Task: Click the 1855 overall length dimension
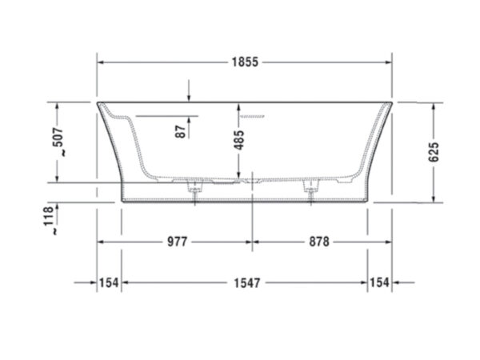245,62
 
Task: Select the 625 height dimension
434,152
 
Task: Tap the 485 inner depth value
239,140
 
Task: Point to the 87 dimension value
182,131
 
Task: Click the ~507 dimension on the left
58,142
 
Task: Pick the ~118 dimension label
50,221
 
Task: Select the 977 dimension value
177,242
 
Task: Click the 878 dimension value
319,242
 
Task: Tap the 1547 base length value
246,282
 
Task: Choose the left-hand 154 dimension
109,282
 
